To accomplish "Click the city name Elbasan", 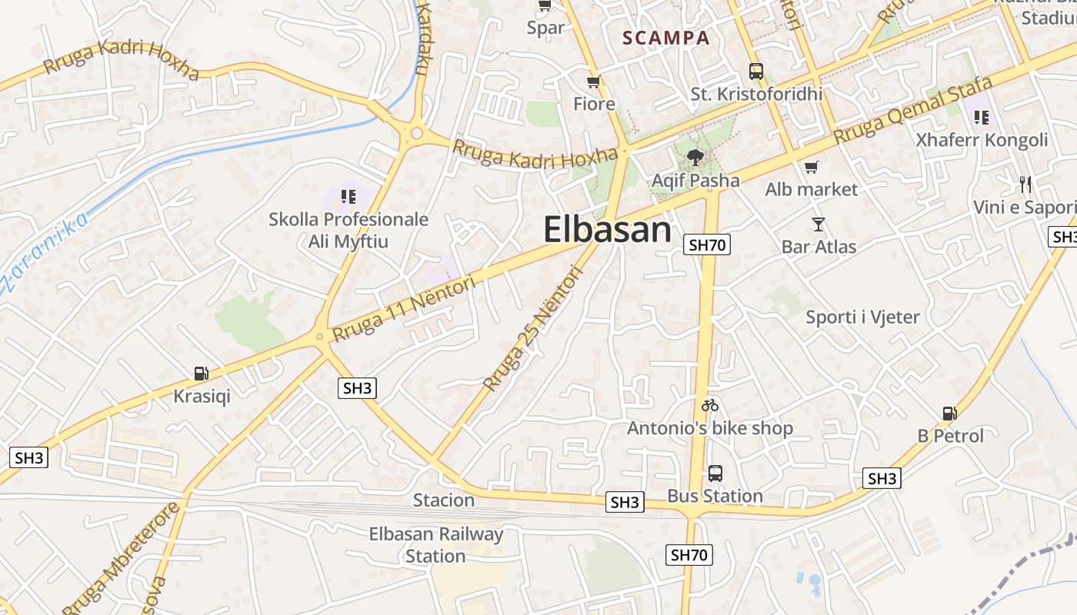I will coord(608,230).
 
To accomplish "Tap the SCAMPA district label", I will coord(665,38).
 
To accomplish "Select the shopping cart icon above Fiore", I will coord(593,82).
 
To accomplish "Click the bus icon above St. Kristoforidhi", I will coord(756,71).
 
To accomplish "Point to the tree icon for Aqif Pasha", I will coord(695,158).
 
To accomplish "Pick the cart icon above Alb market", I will coord(811,168).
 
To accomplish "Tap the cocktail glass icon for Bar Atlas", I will coord(819,224).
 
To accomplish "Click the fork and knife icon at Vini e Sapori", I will coord(1025,184).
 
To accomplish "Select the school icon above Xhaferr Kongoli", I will coord(981,118).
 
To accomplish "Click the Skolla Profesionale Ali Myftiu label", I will coord(348,231).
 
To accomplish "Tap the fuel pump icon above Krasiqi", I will coord(202,374).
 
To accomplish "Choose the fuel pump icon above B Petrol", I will coord(950,414).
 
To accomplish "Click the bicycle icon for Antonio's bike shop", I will coord(710,405).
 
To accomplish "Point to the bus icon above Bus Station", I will coord(715,473).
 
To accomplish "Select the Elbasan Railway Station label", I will coord(436,544).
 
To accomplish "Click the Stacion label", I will coord(444,500).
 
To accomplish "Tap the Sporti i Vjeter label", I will coord(862,317).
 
